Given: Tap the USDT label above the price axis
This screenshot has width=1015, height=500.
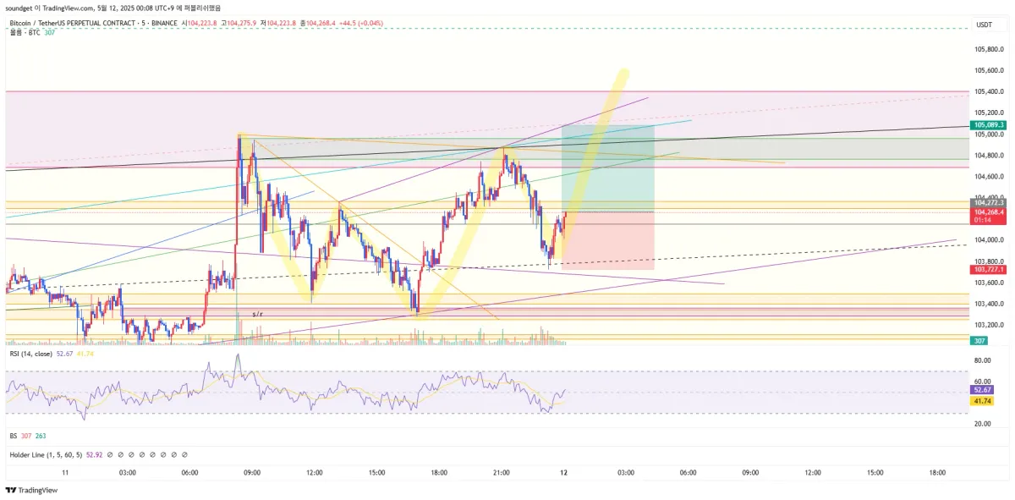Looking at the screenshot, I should coord(984,25).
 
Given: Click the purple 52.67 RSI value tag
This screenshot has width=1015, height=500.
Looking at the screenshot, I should coord(982,390).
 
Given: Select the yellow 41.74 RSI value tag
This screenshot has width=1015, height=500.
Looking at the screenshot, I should coord(982,401).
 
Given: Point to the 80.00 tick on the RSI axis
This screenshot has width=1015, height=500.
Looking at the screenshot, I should coord(982,360).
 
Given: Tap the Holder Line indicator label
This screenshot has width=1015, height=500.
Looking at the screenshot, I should coord(30,455).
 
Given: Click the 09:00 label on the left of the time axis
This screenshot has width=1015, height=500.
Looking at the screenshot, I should coord(252,473).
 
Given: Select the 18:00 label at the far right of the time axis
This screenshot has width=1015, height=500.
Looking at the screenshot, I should coord(937,473).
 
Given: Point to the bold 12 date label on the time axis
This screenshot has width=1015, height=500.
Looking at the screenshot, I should coord(562,473).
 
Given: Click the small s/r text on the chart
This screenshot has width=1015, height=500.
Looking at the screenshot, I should coord(257,315).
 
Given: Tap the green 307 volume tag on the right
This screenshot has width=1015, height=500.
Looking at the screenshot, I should coord(980,340).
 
